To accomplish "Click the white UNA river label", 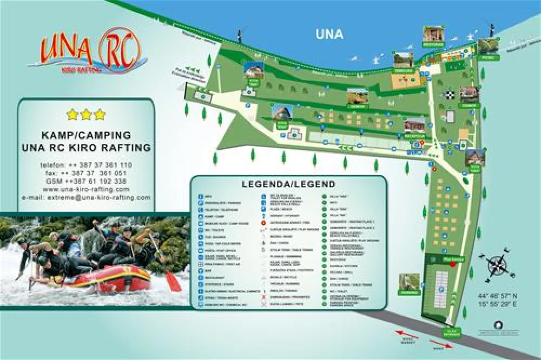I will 329,34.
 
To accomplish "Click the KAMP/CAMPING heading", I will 86,135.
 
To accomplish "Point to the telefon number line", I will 86,164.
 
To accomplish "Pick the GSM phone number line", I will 86,181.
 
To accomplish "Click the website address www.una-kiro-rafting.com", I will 86,189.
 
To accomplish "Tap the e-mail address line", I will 86,197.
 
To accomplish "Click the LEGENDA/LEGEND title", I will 288,184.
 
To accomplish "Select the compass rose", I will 498,264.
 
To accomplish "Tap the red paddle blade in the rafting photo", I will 173,282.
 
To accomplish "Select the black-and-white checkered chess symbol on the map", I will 449,95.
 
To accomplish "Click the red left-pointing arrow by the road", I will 404,334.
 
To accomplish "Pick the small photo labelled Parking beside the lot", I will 409,282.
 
